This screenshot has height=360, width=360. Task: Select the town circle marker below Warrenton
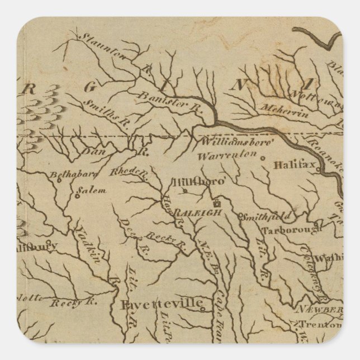click(x=263, y=158)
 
